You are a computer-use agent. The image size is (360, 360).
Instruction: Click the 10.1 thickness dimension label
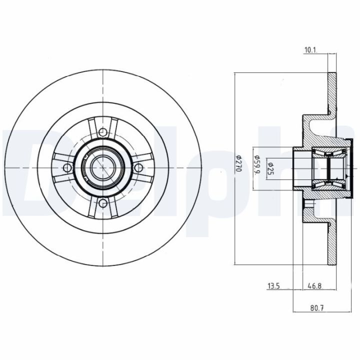point(311,50)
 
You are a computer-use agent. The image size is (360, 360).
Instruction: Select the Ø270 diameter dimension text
point(239,163)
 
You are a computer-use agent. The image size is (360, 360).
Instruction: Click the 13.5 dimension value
point(273,286)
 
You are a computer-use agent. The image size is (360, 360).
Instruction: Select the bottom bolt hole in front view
point(102,203)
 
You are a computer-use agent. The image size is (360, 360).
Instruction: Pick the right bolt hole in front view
point(138,167)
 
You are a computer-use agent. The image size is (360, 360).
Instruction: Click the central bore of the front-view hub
point(102,167)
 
